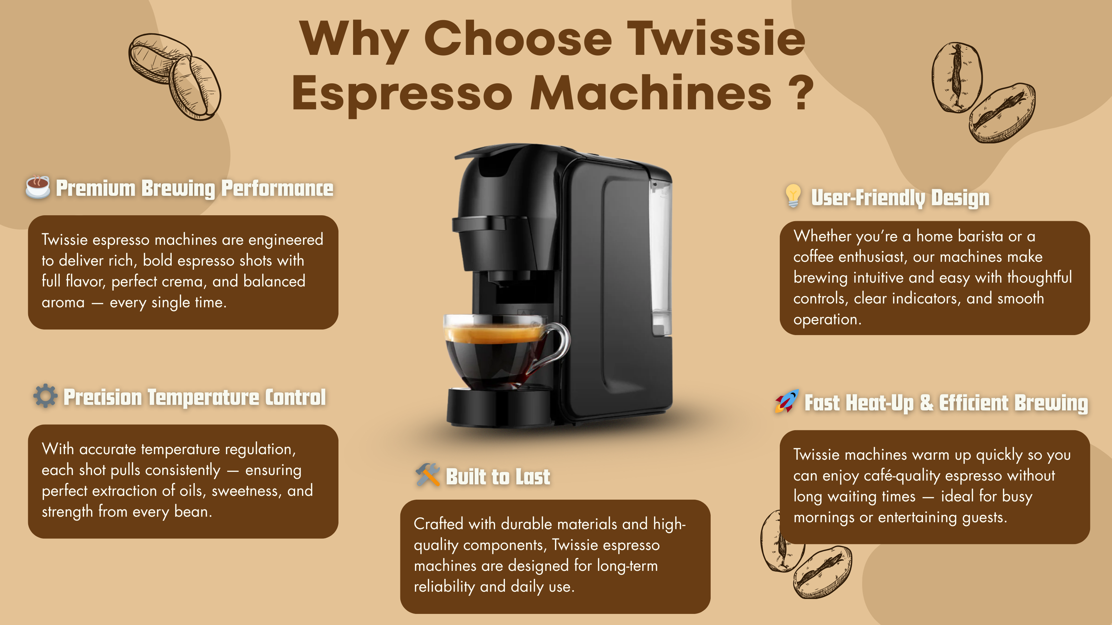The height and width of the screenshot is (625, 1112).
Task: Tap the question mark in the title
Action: [801, 92]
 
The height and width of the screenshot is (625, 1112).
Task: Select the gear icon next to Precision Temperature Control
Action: [45, 395]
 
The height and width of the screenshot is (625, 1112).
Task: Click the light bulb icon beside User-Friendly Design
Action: [793, 196]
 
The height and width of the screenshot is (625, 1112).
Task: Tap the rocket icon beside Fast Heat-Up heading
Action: [786, 401]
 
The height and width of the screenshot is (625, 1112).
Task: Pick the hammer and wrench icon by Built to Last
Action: [427, 475]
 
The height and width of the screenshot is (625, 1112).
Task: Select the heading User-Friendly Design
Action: [900, 198]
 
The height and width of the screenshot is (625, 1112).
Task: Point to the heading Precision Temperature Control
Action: [195, 397]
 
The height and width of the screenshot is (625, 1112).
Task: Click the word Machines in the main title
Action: [651, 93]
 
